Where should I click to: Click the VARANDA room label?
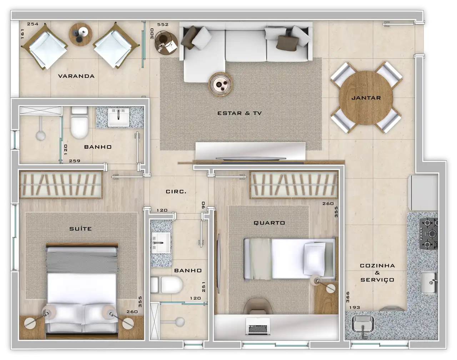(76, 76)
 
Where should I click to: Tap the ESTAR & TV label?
(239, 113)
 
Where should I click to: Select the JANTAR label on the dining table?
(366, 98)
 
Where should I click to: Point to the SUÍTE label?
(80, 229)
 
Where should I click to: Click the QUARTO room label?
(269, 223)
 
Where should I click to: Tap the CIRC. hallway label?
(176, 192)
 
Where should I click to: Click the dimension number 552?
(163, 25)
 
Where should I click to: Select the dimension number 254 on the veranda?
(33, 24)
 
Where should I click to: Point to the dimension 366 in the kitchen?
(348, 297)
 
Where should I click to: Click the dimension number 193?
(355, 307)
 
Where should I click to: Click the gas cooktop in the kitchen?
(428, 234)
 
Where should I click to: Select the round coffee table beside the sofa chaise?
(220, 85)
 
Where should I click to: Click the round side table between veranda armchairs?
(80, 34)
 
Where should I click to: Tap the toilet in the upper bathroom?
(79, 122)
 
